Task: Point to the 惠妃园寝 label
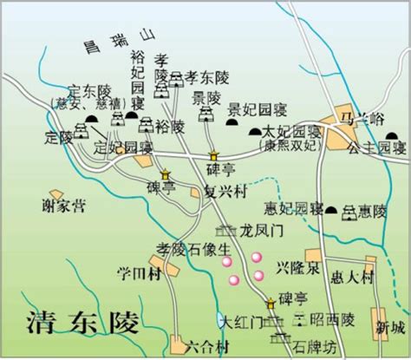click(x=290, y=209)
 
